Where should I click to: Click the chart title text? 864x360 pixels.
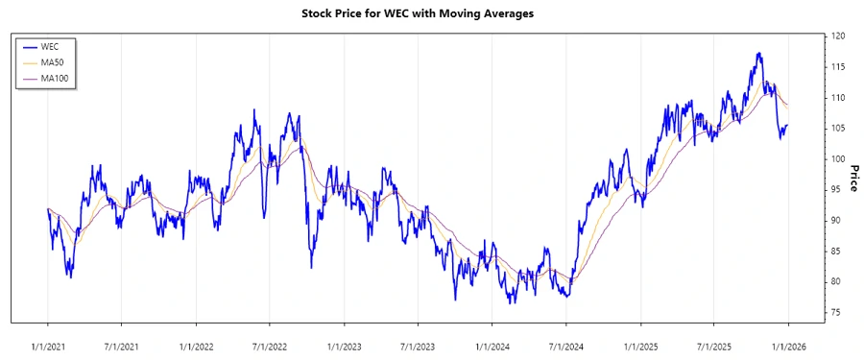pyautogui.click(x=431, y=13)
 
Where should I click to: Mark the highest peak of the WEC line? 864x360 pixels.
pyautogui.click(x=759, y=54)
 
